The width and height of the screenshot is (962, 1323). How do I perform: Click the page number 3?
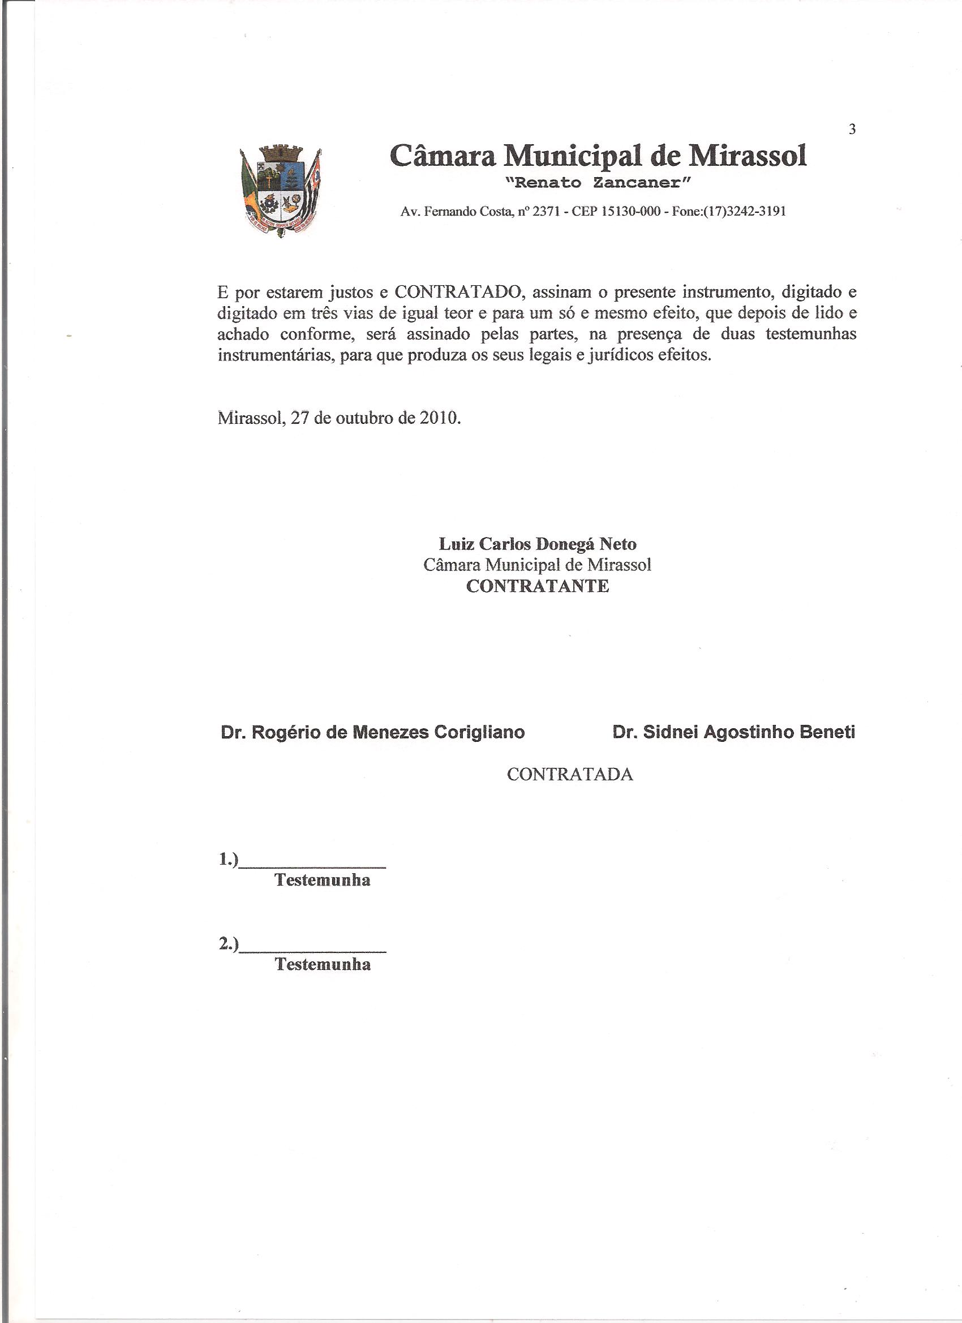(852, 130)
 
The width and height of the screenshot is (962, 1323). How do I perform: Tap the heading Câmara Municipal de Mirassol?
(598, 156)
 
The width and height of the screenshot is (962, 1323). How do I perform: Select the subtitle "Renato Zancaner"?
(598, 183)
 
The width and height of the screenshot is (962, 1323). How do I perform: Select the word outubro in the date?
(364, 419)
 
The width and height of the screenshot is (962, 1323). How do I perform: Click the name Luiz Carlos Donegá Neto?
(537, 544)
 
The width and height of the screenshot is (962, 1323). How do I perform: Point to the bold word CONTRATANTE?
(537, 586)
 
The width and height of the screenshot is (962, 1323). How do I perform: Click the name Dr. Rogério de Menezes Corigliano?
(373, 732)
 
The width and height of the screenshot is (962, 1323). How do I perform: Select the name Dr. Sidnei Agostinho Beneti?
(734, 732)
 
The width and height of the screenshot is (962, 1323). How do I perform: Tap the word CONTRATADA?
(570, 775)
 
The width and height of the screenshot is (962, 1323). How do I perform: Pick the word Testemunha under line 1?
(323, 880)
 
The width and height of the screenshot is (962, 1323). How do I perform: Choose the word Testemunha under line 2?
(323, 965)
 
